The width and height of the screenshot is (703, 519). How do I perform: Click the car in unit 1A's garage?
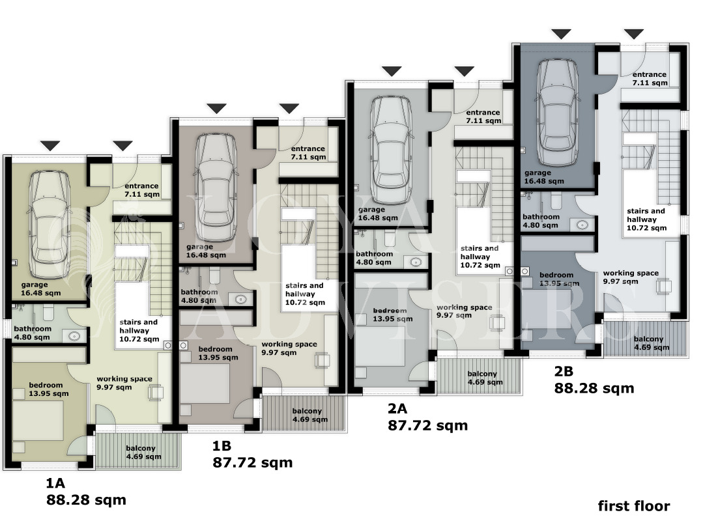click(x=50, y=225)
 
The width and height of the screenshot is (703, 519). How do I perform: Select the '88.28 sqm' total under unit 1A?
click(x=86, y=499)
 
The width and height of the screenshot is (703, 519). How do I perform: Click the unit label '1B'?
click(x=222, y=445)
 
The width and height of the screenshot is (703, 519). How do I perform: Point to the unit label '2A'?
click(x=397, y=408)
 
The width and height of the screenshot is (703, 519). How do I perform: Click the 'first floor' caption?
click(x=634, y=506)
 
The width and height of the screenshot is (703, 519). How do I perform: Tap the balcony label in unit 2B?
click(x=652, y=343)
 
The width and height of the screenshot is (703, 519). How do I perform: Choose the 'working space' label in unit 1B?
click(x=289, y=348)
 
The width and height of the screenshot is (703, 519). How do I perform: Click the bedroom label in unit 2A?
click(x=393, y=315)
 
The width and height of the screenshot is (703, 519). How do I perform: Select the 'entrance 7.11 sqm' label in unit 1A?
click(x=141, y=190)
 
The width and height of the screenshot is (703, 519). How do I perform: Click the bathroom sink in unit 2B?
click(x=582, y=224)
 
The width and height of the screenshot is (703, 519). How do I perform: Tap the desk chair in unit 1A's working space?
click(x=156, y=393)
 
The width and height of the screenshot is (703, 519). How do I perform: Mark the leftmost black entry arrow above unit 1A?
click(x=50, y=146)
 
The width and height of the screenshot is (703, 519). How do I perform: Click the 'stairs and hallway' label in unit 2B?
click(x=646, y=219)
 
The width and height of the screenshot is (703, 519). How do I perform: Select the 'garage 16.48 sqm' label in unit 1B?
click(x=206, y=251)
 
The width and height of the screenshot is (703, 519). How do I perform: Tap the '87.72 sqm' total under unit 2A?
click(x=427, y=425)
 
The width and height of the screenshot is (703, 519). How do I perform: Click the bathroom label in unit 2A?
click(x=375, y=258)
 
